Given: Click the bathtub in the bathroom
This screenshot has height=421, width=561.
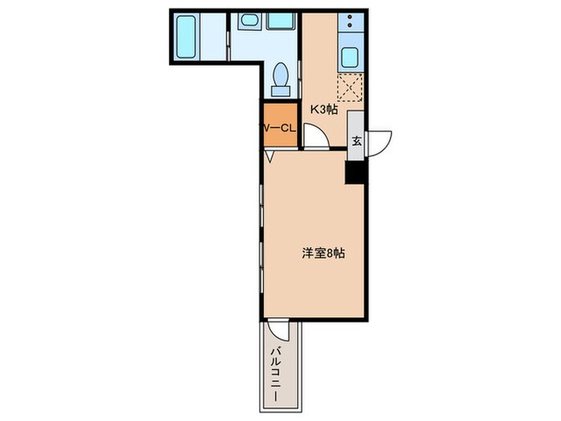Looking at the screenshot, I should click(x=185, y=36).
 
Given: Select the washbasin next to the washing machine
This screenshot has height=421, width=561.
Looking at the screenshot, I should click(x=250, y=21).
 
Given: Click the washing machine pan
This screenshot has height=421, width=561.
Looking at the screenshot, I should click(x=280, y=21).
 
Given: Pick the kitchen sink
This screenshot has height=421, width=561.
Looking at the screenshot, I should click(x=349, y=58).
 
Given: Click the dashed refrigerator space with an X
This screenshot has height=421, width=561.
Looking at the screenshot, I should click(x=349, y=86).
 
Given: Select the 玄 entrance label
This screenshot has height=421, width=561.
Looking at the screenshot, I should click(x=357, y=141).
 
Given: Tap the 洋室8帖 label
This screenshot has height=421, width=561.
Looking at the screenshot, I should click(x=324, y=253).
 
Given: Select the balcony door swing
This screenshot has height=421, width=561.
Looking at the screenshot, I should click(x=278, y=331).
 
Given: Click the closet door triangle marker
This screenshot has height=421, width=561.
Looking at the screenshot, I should click(x=270, y=158).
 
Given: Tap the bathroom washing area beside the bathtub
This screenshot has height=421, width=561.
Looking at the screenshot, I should click(x=213, y=36).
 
